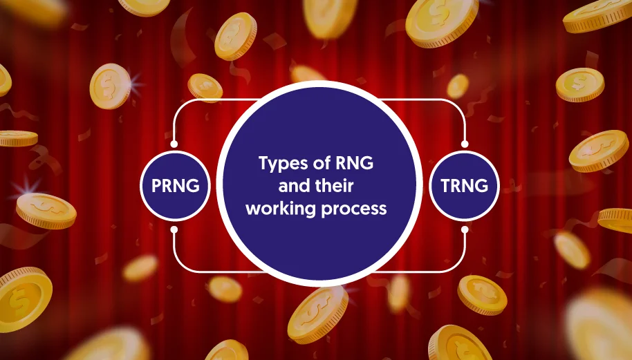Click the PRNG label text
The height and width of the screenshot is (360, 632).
click(x=176, y=186)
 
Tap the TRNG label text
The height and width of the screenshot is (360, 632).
click(x=465, y=186)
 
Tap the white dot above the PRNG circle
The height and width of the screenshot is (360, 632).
click(x=174, y=144)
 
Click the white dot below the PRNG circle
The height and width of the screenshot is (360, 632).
click(x=174, y=229)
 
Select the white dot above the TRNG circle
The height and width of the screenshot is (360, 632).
click(x=465, y=144)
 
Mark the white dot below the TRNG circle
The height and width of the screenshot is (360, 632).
click(x=465, y=229)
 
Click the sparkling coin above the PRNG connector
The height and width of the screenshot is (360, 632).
click(x=111, y=86)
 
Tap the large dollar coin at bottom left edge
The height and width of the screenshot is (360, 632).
click(x=24, y=299)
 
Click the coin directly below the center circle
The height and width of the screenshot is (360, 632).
click(x=318, y=314)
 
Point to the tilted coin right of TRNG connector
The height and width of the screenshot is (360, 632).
click(x=599, y=151)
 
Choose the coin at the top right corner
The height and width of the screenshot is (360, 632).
click(x=598, y=16)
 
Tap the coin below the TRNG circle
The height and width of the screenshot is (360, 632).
click(x=482, y=295)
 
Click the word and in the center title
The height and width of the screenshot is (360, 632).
click(x=293, y=186)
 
